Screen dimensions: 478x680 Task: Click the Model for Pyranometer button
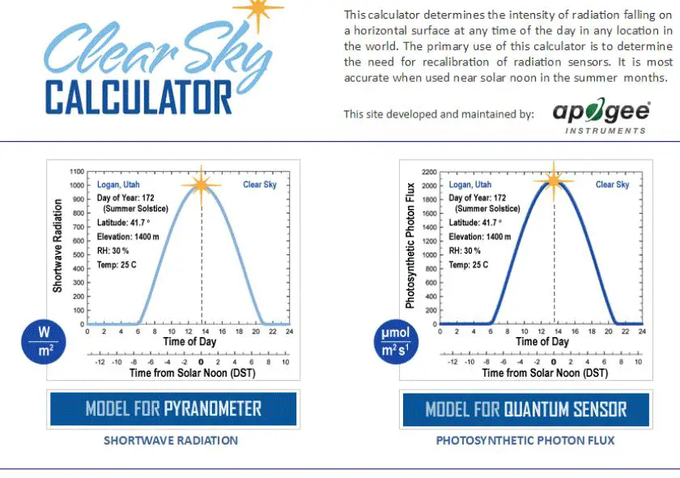click(x=173, y=408)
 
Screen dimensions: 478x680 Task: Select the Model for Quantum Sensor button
click(x=525, y=409)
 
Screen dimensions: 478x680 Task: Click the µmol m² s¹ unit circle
click(x=394, y=341)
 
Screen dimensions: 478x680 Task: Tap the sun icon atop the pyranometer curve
click(x=202, y=184)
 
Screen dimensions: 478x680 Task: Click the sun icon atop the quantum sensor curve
click(x=554, y=181)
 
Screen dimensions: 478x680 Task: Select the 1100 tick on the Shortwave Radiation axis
click(x=77, y=172)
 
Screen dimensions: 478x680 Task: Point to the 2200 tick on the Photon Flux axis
click(x=429, y=173)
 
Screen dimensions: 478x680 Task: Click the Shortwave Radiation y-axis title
click(x=58, y=247)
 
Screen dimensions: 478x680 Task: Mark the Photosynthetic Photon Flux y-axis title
click(x=410, y=239)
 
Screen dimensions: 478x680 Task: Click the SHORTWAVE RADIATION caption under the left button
click(x=171, y=441)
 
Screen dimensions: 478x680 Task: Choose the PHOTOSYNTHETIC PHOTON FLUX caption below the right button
click(x=525, y=441)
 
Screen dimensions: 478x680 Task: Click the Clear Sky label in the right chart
click(x=612, y=185)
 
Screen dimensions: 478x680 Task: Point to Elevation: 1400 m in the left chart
click(x=124, y=237)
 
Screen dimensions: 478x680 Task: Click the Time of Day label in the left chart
click(x=190, y=342)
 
